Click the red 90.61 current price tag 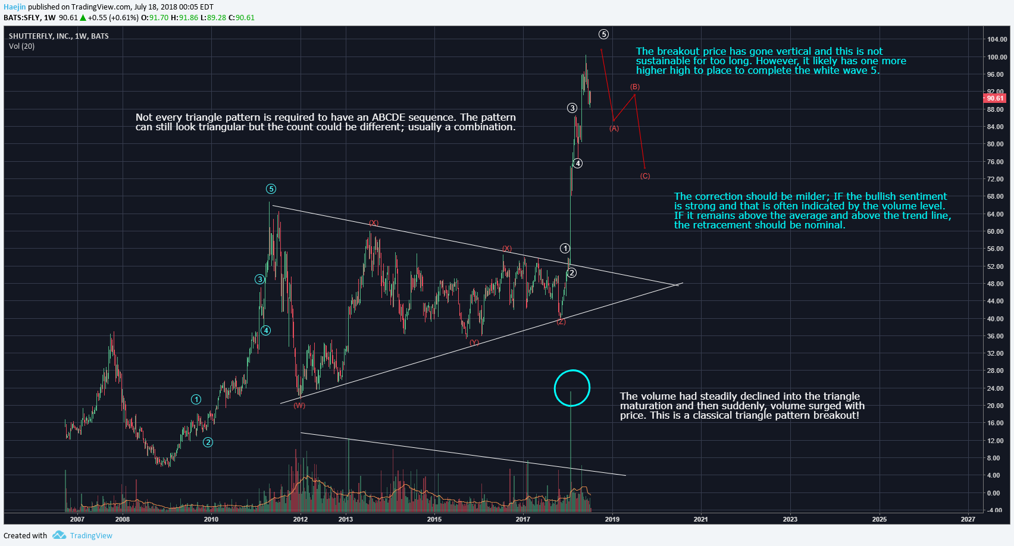[994, 98]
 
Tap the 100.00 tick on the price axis [997, 57]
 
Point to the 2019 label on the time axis [612, 519]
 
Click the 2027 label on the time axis [968, 519]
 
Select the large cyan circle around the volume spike [571, 388]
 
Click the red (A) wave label [614, 128]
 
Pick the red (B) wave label [635, 87]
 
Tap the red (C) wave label [645, 176]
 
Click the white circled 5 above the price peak [603, 34]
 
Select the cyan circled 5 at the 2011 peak [271, 189]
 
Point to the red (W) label [299, 406]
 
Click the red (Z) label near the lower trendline [561, 322]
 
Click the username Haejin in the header [15, 7]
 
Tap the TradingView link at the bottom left [90, 535]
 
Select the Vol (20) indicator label [21, 46]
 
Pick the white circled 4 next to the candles [577, 164]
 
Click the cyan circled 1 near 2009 [196, 400]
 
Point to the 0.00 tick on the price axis [994, 493]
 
